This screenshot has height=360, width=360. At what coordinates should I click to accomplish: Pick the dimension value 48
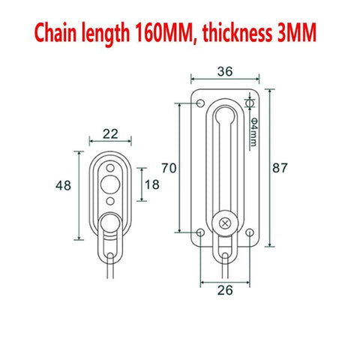(65, 184)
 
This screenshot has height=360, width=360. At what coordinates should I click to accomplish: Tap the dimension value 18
(152, 184)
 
